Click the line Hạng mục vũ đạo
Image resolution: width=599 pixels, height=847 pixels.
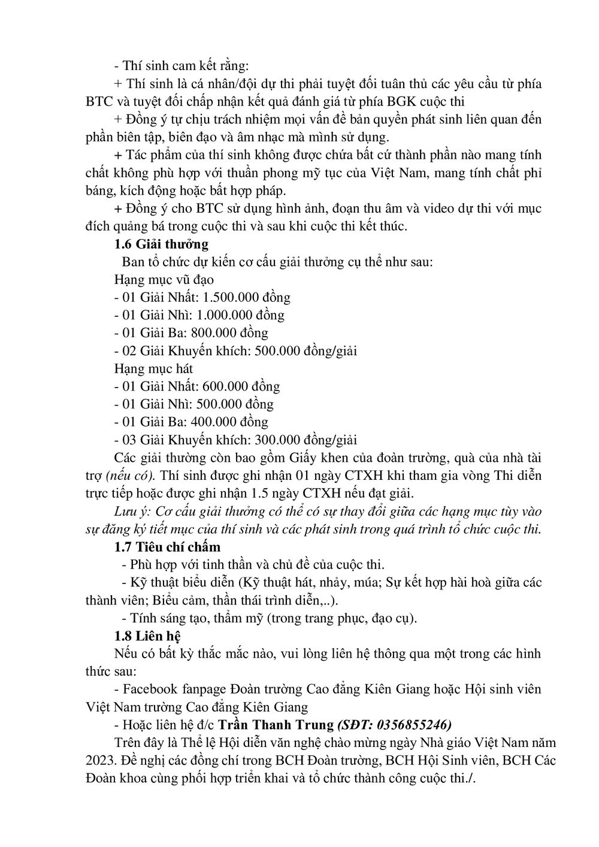pyautogui.click(x=164, y=279)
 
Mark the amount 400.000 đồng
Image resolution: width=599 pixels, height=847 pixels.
pyautogui.click(x=235, y=422)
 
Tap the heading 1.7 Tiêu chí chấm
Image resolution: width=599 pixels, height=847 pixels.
pyautogui.click(x=167, y=546)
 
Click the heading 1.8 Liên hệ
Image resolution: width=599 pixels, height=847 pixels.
pyautogui.click(x=147, y=635)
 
